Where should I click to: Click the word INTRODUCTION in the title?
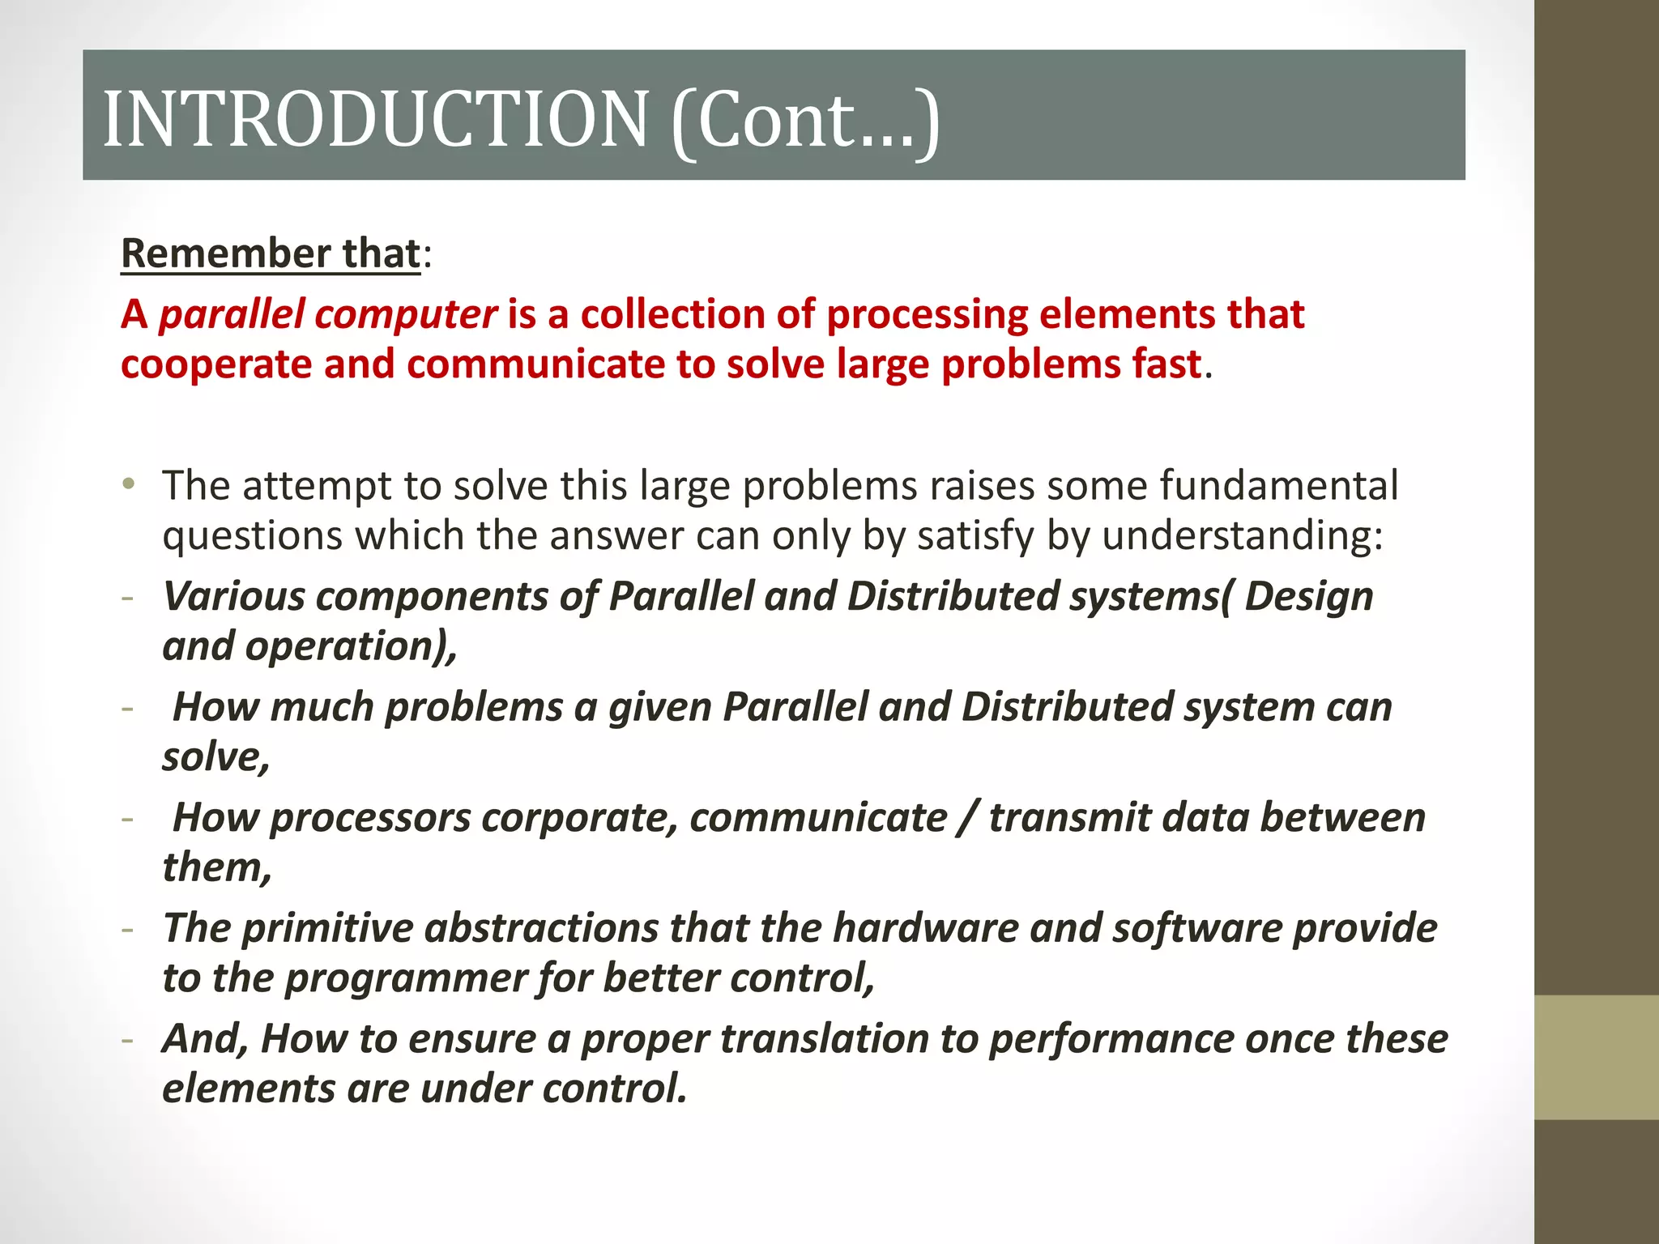[x=375, y=119]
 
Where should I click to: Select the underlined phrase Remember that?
[x=271, y=253]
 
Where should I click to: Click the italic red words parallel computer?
[x=327, y=314]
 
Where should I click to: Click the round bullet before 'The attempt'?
[x=129, y=484]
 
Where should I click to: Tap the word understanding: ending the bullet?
[x=1243, y=536]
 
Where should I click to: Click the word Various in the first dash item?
[x=233, y=597]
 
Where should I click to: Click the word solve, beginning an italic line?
[x=215, y=757]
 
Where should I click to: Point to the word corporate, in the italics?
[x=579, y=818]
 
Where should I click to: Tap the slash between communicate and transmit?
[x=967, y=818]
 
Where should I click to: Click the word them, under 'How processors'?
[x=216, y=867]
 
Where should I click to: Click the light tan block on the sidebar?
[x=1596, y=1057]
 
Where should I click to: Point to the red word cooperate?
[x=216, y=364]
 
